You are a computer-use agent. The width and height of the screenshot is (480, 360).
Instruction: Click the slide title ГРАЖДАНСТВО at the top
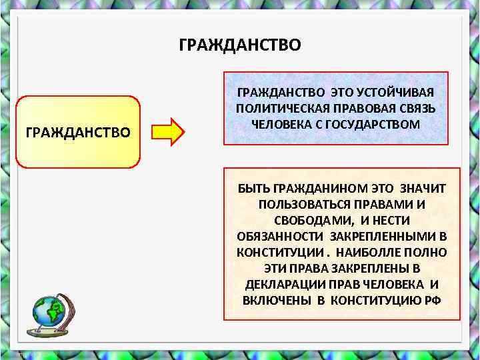click(240, 45)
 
